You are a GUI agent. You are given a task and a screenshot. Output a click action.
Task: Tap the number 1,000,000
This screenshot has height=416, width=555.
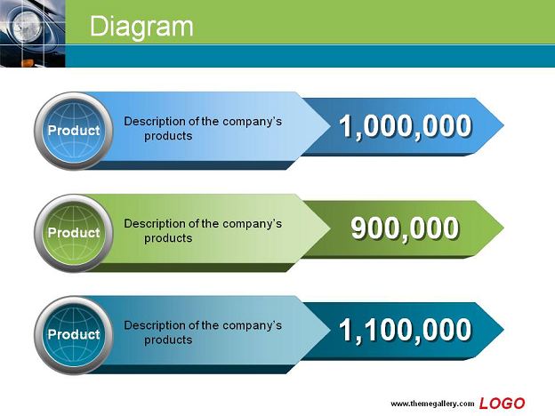coord(406,126)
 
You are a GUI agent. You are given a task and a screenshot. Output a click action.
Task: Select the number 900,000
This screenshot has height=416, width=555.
coord(405,228)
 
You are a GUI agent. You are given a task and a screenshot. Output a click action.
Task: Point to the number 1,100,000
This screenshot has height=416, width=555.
coord(406,330)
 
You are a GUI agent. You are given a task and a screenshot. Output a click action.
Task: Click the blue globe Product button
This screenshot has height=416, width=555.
coord(74,131)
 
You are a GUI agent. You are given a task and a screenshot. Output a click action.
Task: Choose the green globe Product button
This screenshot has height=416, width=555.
coord(74,233)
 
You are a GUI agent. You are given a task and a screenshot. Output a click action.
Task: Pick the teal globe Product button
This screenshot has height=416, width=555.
coord(74,334)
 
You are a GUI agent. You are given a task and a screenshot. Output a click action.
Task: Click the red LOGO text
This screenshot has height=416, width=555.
coord(502,404)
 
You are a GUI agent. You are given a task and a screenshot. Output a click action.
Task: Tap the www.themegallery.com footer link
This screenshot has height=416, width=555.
coord(432,404)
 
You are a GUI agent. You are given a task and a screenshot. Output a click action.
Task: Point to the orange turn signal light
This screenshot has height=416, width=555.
coord(28,63)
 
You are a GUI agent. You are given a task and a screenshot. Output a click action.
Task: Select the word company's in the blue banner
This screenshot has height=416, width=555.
coord(252,121)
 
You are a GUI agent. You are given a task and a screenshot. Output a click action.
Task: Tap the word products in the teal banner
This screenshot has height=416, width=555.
coord(168,340)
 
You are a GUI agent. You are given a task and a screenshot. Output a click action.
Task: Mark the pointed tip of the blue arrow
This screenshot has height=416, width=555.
coord(503,125)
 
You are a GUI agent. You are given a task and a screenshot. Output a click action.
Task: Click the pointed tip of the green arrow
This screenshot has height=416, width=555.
coord(503,228)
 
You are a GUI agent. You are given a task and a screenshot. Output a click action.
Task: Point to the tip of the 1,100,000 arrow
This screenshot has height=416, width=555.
coord(503,329)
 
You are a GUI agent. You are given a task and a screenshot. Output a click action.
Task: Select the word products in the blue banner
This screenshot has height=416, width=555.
coord(168,136)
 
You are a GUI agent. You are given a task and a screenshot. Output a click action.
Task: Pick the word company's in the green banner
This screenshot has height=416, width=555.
coord(252,224)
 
